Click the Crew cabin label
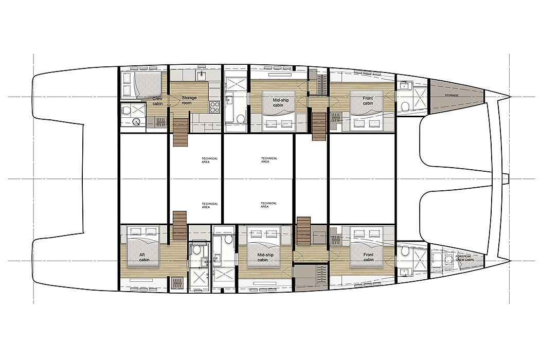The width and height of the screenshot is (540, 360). click(x=157, y=101)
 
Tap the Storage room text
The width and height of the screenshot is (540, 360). click(x=189, y=100)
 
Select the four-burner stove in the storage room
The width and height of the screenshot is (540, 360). click(x=214, y=107)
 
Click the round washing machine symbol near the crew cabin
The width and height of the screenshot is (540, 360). click(x=137, y=121)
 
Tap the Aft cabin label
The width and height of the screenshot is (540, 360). click(x=144, y=257)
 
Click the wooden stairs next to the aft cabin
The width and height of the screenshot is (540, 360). click(x=179, y=225)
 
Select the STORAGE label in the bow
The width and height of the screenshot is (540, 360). click(x=452, y=96)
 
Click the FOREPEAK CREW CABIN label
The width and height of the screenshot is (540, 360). click(x=464, y=258)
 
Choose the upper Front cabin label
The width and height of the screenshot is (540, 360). click(x=368, y=101)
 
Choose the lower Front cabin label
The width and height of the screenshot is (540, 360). click(x=368, y=257)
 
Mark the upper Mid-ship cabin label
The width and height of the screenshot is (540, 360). click(x=281, y=102)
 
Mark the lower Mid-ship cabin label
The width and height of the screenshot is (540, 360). click(x=265, y=257)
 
